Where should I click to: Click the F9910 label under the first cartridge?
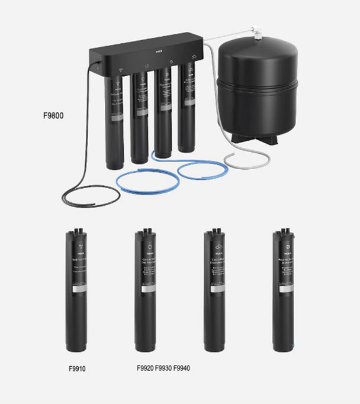(x=77, y=369)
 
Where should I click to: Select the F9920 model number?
(x=145, y=369)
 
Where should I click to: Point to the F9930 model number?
(x=163, y=369)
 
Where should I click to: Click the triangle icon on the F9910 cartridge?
(x=78, y=244)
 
